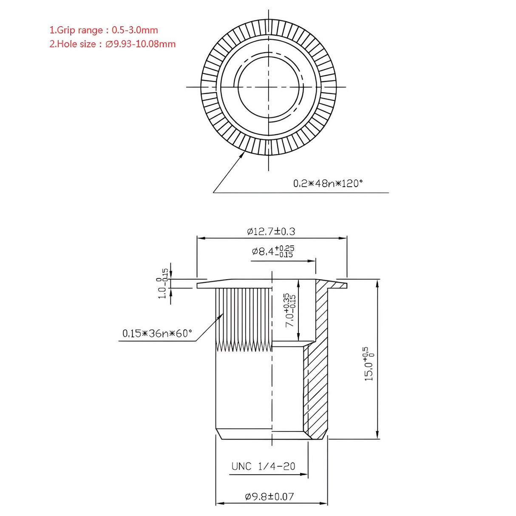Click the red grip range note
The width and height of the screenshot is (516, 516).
pos(104,30)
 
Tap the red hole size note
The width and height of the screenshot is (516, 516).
pos(112,44)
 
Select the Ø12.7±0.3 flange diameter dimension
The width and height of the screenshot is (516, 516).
pos(271,232)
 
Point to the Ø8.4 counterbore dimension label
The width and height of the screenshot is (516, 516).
pos(272,251)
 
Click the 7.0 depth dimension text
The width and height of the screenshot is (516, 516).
pos(290,310)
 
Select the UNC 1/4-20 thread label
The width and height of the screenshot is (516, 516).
pos(263,466)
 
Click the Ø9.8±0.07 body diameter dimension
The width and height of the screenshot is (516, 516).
pos(269,496)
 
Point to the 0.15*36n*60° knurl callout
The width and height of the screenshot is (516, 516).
pos(157,334)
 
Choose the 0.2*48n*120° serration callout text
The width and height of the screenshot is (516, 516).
pos(328,184)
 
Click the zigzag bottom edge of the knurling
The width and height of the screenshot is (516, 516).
pos(244,347)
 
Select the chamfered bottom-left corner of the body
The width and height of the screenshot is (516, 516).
pos(219,434)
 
